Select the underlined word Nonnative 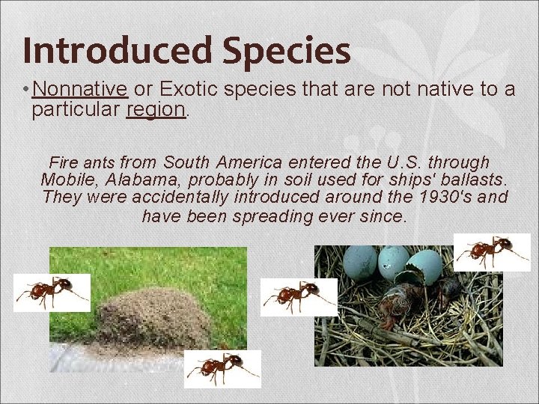(x=80, y=90)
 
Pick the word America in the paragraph (x=251, y=162)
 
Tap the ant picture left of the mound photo (x=52, y=293)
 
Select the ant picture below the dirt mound (x=222, y=369)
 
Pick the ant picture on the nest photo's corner (x=492, y=252)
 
